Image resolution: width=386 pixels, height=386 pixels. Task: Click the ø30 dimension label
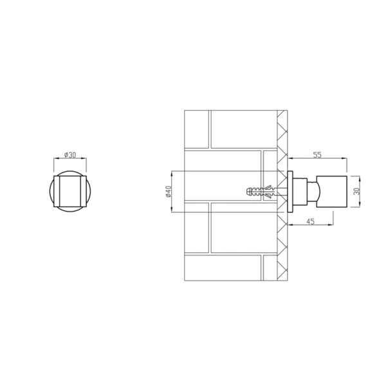[70, 155]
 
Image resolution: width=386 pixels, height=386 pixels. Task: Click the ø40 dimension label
[169, 192]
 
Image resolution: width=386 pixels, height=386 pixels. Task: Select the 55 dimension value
[317, 155]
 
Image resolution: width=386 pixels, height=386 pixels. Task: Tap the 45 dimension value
[311, 221]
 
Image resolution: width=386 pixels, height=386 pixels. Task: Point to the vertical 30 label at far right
[356, 191]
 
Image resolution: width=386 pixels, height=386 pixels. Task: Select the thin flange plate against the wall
[290, 192]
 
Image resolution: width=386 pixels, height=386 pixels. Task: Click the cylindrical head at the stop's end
[331, 192]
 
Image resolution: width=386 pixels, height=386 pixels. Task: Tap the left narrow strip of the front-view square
[57, 191]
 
